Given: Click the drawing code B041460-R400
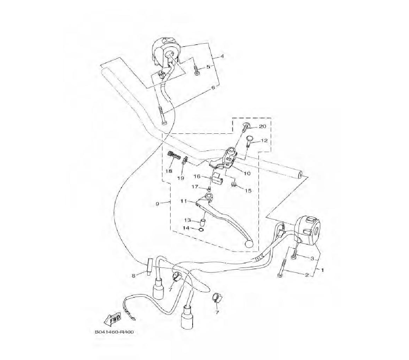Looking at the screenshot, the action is pos(114,332).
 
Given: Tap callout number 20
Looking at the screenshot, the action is pos(262,126).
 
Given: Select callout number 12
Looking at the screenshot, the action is pos(264,140).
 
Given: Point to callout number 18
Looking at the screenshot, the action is pos(169,171).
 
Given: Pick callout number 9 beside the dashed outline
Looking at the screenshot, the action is pos(157,204).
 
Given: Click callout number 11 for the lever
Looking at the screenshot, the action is pos(184,201).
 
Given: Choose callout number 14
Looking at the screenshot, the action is pos(186,228).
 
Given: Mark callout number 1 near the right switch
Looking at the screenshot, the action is pos(322,270).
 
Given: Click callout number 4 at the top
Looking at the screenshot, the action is pos(222,56).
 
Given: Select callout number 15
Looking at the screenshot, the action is pos(248,191).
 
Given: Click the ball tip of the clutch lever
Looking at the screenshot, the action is pos(249,244).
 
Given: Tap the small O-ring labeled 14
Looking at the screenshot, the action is pos(201,230).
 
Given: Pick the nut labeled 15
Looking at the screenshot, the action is pos(234,185).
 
